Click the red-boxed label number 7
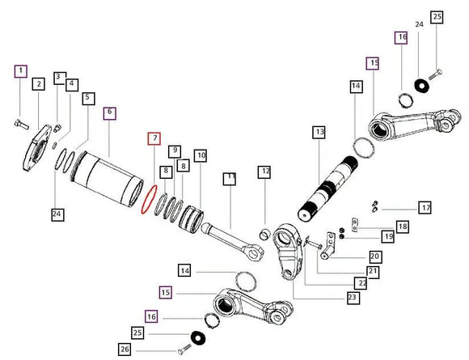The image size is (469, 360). [154, 138]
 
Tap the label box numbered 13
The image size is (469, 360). [319, 132]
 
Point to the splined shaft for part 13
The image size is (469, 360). [327, 188]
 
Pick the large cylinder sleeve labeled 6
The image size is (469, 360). [107, 179]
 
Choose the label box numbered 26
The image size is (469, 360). [125, 349]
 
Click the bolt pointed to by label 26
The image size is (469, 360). [184, 349]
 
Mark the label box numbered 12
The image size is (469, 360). [264, 172]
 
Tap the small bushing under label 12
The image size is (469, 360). [264, 235]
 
